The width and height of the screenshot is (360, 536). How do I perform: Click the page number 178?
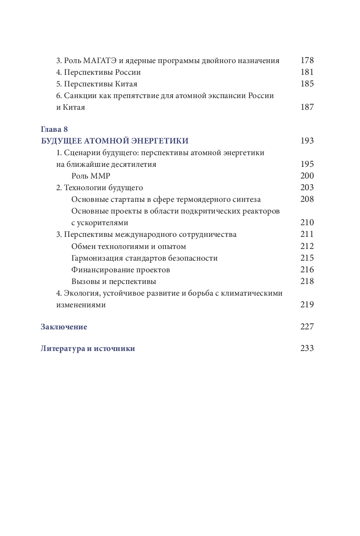[x=307, y=61]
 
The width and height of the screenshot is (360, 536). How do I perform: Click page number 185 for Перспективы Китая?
[x=307, y=84]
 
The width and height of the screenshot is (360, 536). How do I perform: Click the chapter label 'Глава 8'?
[x=54, y=129]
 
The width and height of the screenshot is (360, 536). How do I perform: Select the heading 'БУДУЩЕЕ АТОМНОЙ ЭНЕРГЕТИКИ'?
[x=115, y=141]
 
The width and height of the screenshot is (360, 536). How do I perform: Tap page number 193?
[x=307, y=141]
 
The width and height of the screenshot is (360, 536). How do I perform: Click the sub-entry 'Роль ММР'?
[x=91, y=176]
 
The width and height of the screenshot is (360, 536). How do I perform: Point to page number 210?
[x=307, y=223]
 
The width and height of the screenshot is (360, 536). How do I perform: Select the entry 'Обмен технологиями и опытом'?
[x=129, y=246]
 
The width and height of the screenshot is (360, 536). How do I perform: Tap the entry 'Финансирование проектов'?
[x=121, y=270]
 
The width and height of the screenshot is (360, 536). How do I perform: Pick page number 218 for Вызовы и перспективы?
[x=307, y=281]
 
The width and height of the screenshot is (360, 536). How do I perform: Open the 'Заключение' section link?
[x=64, y=327]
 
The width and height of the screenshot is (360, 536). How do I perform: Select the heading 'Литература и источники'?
[x=88, y=348]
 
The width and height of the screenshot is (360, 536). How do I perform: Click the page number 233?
[x=307, y=348]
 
